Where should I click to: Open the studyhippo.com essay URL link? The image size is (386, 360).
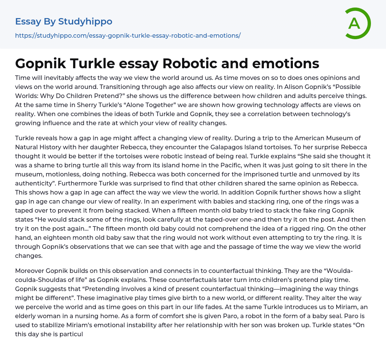coord(128,35)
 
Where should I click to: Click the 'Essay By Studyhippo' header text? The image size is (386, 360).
coord(64,21)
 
